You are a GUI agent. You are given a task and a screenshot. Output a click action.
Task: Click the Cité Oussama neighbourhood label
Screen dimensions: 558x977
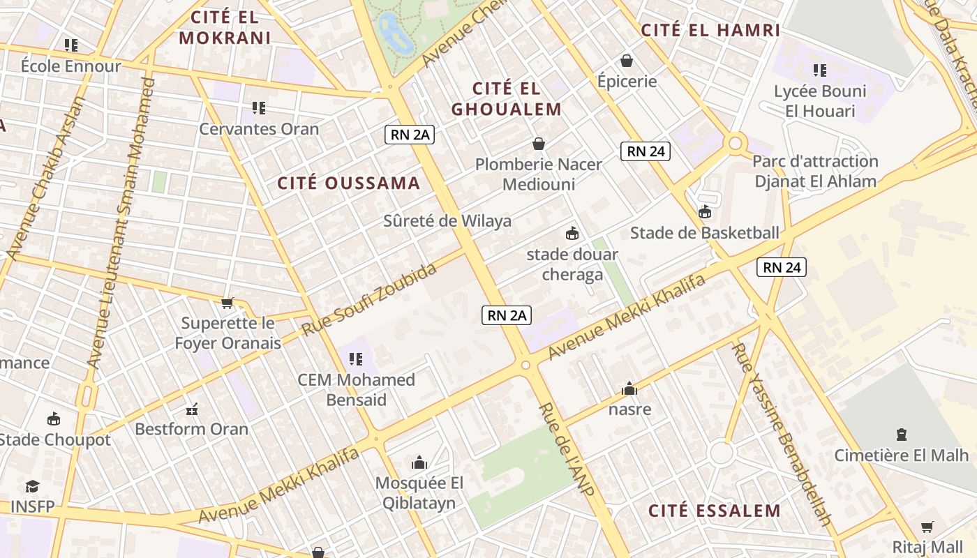[x=349, y=183]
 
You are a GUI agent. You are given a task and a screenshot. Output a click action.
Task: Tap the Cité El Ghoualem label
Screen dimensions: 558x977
[x=507, y=99]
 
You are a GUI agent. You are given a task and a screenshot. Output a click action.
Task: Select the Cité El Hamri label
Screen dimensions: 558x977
[x=710, y=30]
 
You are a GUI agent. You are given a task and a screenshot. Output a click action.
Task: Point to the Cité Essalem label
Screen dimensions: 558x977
[x=715, y=511]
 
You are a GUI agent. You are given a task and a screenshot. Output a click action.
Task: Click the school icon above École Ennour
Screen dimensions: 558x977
[x=70, y=45]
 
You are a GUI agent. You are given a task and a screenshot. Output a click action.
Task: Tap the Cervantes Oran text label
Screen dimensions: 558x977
[x=259, y=129]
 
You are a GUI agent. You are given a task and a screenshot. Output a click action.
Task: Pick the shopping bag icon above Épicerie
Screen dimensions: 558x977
[x=627, y=61]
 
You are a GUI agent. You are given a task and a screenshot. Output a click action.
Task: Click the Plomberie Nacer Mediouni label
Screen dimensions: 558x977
[x=539, y=174]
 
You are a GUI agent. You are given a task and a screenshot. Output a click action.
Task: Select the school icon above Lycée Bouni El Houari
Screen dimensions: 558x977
[x=820, y=70]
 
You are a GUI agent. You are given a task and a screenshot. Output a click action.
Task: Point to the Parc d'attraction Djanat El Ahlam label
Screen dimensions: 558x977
[x=815, y=172]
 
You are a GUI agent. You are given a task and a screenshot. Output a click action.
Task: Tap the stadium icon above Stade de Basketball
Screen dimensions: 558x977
[x=704, y=212]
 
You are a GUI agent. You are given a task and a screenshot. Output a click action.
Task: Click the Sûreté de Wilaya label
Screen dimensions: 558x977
[x=447, y=221]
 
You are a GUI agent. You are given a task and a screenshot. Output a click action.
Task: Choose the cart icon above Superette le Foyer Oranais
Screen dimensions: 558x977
[x=227, y=303]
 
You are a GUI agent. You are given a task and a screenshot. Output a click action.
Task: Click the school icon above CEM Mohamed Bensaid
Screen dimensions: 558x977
[x=356, y=359]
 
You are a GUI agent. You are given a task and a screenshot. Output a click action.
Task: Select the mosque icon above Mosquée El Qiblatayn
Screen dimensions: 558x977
[x=419, y=462]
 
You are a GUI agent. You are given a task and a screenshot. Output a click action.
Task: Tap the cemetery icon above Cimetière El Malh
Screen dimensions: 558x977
[x=902, y=435]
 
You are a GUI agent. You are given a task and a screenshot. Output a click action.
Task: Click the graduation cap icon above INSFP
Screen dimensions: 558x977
[x=32, y=486]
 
